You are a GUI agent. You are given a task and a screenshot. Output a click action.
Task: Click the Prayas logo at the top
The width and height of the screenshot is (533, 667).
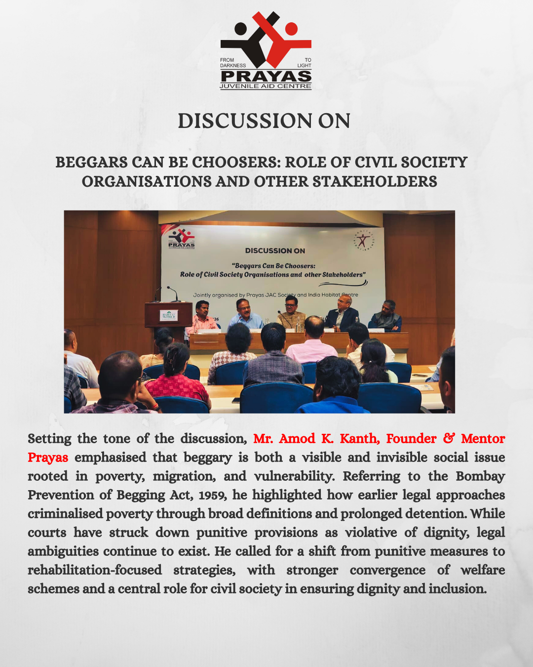point(266,49)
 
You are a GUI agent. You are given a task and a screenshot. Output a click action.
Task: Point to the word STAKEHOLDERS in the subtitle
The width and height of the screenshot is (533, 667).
point(375,182)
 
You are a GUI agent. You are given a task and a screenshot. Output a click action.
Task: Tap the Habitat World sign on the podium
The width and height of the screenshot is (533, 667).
point(169,315)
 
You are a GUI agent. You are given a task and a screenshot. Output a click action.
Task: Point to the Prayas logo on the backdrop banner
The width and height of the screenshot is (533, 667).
point(181,238)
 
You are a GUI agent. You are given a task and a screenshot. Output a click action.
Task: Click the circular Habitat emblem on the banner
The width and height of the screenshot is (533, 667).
point(364,241)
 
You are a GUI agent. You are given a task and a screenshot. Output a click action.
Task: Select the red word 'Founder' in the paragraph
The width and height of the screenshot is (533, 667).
point(411,439)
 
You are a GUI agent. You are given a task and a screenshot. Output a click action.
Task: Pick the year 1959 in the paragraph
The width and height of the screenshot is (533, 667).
point(212,495)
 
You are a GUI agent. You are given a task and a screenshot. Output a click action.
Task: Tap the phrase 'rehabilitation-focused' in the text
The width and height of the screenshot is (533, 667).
point(95,570)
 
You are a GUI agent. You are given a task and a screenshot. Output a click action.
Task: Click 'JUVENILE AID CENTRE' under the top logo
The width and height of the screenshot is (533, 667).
point(266,86)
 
